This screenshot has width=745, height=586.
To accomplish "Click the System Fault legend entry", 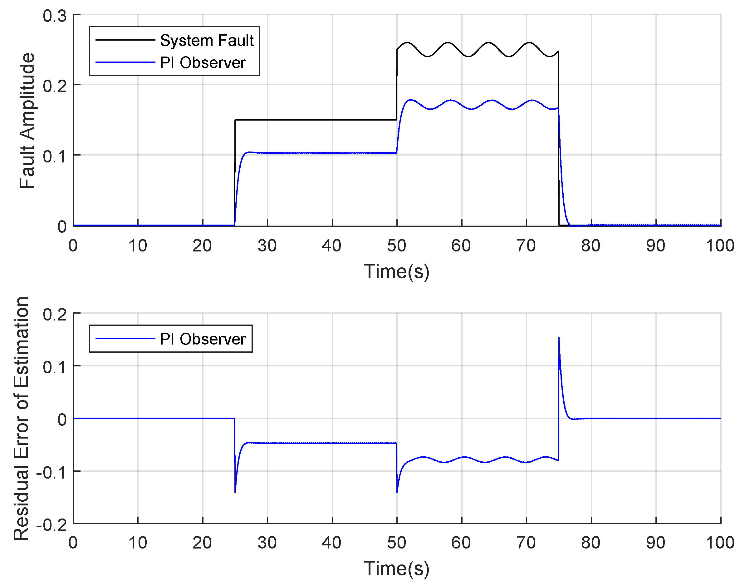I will coord(207,41).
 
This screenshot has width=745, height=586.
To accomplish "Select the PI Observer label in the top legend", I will coord(203,63).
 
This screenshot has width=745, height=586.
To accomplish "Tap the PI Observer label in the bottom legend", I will coord(203,339).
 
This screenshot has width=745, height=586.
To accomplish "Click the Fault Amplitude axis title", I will coord(27,121).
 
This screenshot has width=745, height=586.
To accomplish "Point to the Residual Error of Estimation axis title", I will coord(21,419).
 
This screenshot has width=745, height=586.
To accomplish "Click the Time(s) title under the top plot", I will coord(396,272).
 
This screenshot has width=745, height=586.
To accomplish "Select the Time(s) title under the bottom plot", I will coord(396,569).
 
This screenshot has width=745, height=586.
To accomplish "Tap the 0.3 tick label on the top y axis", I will coord(55,16).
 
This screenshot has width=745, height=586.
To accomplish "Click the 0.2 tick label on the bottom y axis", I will coord(55,314).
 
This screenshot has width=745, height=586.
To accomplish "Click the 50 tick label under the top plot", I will coord(397,246).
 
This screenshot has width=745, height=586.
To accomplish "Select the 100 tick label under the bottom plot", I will coord(720,543).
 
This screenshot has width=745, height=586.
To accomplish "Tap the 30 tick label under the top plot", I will coord(267,246).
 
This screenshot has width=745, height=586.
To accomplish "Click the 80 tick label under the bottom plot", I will coord(591,543).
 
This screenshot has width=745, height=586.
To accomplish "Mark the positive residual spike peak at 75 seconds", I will coord(559,338).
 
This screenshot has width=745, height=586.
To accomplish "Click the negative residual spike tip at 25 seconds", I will coord(235,492).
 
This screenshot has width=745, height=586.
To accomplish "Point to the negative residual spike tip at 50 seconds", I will coord(397,492).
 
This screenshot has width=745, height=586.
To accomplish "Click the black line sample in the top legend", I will coord(125,40).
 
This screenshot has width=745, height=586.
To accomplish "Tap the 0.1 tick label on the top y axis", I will coord(55,156).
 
